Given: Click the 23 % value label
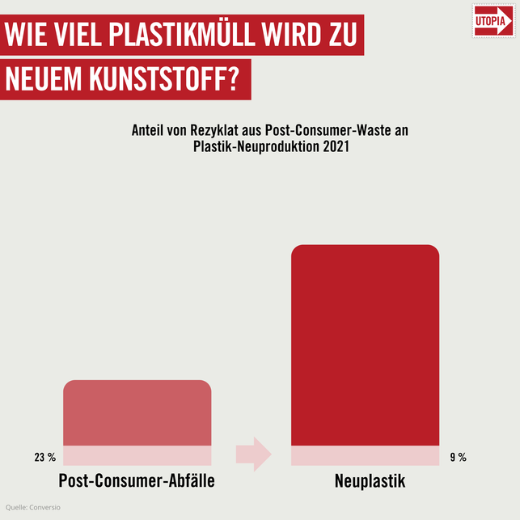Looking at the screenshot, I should pos(45,458).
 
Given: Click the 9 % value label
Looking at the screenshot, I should pos(458,458).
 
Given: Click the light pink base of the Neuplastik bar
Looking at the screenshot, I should pos(365,456).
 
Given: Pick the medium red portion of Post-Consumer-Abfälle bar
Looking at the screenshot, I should pos(137,412).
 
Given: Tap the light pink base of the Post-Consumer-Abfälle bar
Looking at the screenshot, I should pos(137,456).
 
